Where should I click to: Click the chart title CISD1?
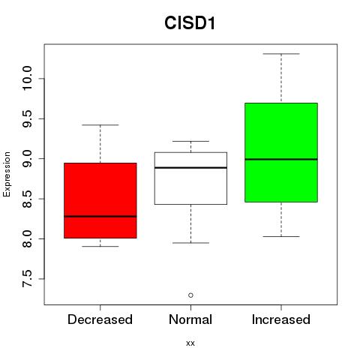click(x=190, y=23)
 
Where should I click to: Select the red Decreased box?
click(x=100, y=200)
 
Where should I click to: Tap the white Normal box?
click(x=190, y=178)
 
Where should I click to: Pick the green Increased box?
click(x=281, y=152)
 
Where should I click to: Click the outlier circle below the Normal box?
click(x=190, y=295)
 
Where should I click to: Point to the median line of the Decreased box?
click(x=100, y=216)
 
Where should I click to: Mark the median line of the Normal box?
click(x=190, y=167)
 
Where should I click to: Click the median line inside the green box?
click(x=281, y=159)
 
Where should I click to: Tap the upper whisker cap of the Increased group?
click(x=281, y=54)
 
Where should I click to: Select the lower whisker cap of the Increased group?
click(x=281, y=236)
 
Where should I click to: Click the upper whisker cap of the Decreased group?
click(x=100, y=124)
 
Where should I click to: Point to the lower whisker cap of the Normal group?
click(x=190, y=243)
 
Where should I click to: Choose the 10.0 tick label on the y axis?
click(x=27, y=79)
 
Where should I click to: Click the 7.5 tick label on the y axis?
click(x=27, y=279)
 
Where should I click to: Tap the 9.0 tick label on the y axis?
click(x=27, y=158)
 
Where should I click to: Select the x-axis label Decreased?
click(x=100, y=319)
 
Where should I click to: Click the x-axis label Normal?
click(x=190, y=319)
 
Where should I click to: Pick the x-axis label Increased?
click(x=281, y=319)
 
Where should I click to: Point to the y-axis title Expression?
click(x=7, y=174)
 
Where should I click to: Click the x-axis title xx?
click(x=190, y=343)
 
